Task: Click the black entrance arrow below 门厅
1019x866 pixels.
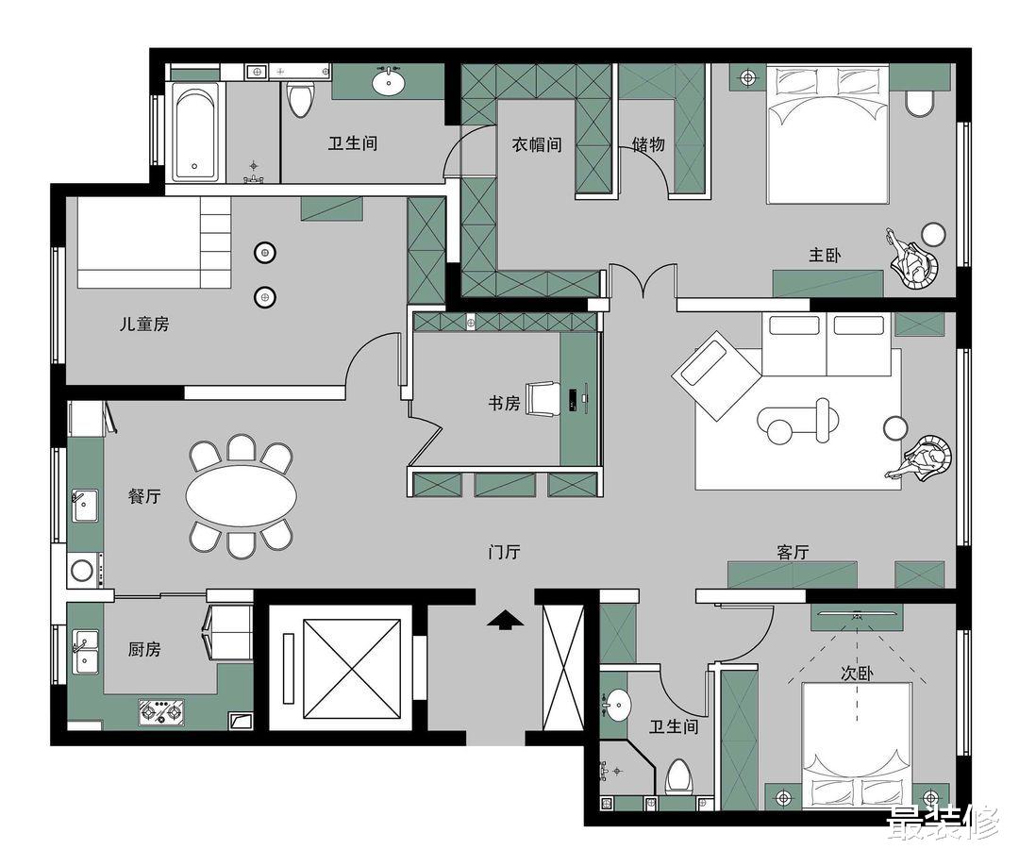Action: (506, 619)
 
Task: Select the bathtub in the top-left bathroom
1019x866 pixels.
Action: (196, 132)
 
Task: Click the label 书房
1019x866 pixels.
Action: (504, 403)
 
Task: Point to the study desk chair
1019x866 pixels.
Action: (543, 397)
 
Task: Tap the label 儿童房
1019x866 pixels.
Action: (144, 324)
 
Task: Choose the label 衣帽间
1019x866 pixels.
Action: (537, 144)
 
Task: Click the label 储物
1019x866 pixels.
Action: (648, 144)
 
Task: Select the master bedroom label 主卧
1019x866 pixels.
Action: (825, 255)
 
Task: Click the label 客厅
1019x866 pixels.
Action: (793, 553)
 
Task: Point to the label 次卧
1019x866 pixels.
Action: (855, 674)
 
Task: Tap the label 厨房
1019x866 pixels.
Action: (144, 649)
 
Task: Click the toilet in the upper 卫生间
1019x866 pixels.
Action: (300, 98)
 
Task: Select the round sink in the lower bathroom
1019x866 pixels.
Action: (616, 704)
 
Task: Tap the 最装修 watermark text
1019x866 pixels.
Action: (941, 823)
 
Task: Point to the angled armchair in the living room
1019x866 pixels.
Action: (715, 375)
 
